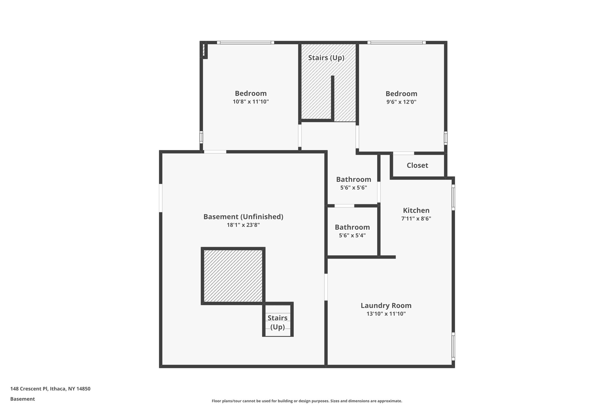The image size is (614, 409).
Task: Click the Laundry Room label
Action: [x=386, y=306]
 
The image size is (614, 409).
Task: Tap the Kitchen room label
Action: [x=416, y=210]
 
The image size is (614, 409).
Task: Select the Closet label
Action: [x=417, y=165]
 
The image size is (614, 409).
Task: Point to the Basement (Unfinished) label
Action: [x=243, y=217]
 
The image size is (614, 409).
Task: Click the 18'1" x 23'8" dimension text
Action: [x=243, y=225]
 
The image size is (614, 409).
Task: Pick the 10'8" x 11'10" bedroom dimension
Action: [x=251, y=102]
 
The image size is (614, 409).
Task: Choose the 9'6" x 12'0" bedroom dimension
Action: [x=401, y=102]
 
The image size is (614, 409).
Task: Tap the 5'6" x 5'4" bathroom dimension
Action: [x=352, y=236]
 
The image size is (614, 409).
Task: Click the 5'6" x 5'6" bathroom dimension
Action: [x=353, y=188]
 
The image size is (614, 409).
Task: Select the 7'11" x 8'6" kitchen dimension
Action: [x=416, y=219]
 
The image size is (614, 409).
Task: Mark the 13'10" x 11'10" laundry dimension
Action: [x=386, y=314]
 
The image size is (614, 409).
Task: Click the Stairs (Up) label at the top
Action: [x=326, y=58]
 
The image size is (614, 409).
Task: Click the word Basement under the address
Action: [x=22, y=399]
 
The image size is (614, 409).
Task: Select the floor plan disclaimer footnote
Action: [x=307, y=401]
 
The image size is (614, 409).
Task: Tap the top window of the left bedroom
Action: [x=246, y=43]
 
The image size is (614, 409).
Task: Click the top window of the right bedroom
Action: [x=396, y=43]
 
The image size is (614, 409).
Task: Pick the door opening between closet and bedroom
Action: [x=403, y=153]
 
